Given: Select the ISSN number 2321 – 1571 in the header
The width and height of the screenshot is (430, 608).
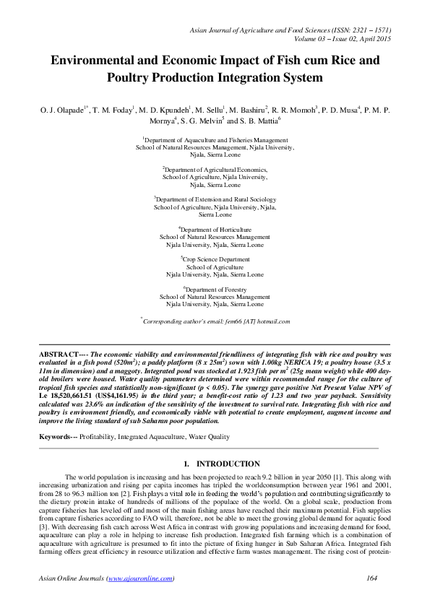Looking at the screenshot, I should pyautogui.click(x=368, y=28).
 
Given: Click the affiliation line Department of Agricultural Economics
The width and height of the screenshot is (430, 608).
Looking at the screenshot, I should pyautogui.click(x=215, y=168).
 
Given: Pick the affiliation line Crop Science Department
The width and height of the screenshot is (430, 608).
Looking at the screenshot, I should pyautogui.click(x=215, y=259).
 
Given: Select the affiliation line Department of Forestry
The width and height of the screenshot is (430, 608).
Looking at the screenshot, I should pyautogui.click(x=215, y=289).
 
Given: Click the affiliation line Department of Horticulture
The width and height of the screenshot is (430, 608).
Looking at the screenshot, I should pyautogui.click(x=215, y=229).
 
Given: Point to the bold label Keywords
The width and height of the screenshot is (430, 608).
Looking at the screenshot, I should pyautogui.click(x=56, y=437).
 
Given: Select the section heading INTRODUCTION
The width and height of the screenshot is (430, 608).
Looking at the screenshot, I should pyautogui.click(x=228, y=464).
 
